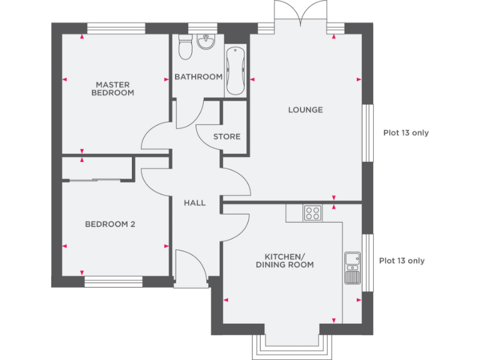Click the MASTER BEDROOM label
point(112,88)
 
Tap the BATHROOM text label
point(198,77)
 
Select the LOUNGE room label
point(305,110)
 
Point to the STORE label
point(226,136)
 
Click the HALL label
point(194,202)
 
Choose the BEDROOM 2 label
point(110,224)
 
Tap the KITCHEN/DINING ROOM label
point(289,261)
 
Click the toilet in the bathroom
point(185,46)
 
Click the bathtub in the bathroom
point(235,71)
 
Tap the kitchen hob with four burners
point(312,213)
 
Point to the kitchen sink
point(352,267)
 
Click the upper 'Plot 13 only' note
point(406,132)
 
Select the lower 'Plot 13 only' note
point(402,261)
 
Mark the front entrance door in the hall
point(191,269)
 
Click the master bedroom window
point(116,28)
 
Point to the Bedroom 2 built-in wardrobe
point(97,169)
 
